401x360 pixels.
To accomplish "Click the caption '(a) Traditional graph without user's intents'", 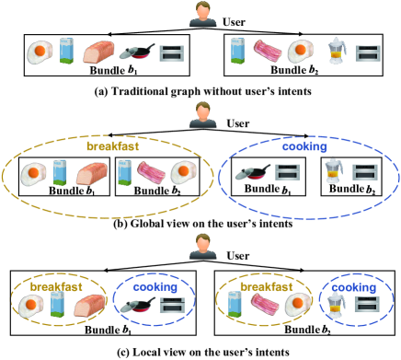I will click(200, 90).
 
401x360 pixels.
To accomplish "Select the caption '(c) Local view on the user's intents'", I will click(200, 351).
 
